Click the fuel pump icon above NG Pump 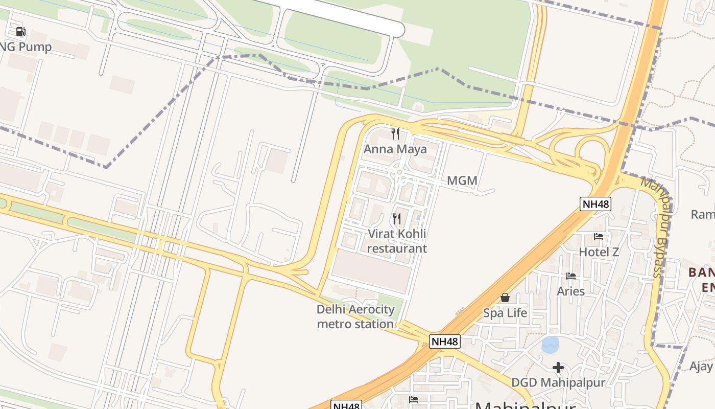click(x=20, y=32)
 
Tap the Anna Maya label click(x=395, y=149)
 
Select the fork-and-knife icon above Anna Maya click(x=395, y=134)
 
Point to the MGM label click(x=462, y=180)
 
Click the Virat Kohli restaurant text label click(x=397, y=241)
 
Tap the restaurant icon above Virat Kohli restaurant click(x=396, y=219)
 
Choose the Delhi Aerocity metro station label click(x=355, y=316)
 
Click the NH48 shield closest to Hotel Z click(x=595, y=204)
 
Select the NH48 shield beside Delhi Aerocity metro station click(x=444, y=342)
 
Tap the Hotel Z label click(x=599, y=252)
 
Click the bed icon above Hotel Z click(x=599, y=237)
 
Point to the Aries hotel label click(x=570, y=291)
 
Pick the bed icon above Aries click(x=571, y=276)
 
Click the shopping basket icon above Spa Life click(x=505, y=298)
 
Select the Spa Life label click(x=505, y=313)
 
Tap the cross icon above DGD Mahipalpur click(x=558, y=367)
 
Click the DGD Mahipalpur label click(x=558, y=382)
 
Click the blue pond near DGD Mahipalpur click(x=550, y=345)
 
